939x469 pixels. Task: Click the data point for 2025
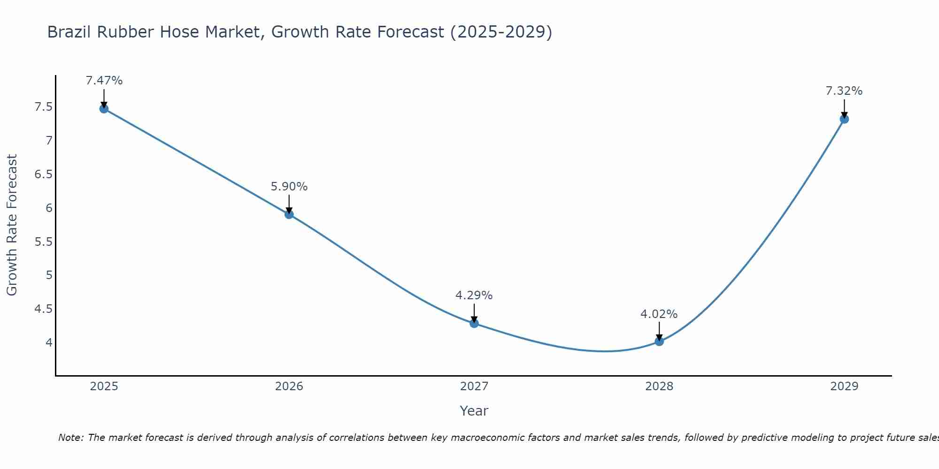coord(104,109)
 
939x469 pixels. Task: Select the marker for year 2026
coord(289,214)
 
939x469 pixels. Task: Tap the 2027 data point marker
coord(474,323)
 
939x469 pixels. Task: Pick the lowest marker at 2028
coord(659,341)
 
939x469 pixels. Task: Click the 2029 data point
coord(844,119)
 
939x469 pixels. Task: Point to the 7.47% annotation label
coord(104,81)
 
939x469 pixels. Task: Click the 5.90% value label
coord(289,187)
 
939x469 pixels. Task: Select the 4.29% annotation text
coord(474,295)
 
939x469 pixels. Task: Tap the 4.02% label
coord(659,314)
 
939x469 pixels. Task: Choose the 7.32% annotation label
coord(844,91)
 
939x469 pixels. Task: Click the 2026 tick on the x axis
coord(289,386)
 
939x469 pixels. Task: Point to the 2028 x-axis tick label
coord(659,386)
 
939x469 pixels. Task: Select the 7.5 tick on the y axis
coord(43,107)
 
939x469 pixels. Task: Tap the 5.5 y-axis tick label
coord(43,242)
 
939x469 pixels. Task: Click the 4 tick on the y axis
coord(49,342)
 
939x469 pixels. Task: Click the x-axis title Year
coord(474,411)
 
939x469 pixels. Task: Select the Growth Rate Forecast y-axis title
coord(12,225)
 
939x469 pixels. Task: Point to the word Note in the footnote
coord(70,438)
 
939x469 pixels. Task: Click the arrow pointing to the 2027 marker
coord(474,313)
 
